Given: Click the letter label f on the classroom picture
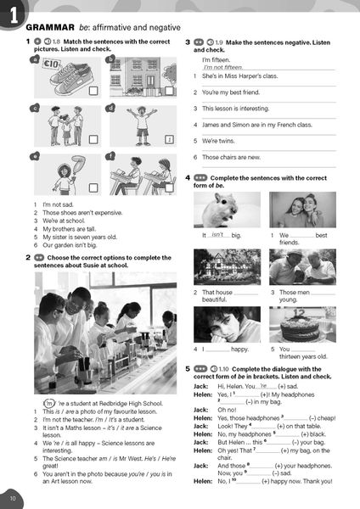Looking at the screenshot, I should pyautogui.click(x=110, y=156).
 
